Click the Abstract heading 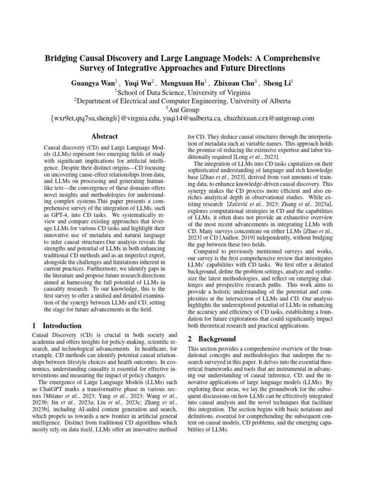tap(104, 136)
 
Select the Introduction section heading tap(62, 326)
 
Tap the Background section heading tap(217, 339)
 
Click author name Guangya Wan tap(92, 82)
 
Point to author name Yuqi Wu tap(141, 82)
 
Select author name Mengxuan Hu tap(186, 82)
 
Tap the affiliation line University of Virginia tap(182, 92)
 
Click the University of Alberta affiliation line tap(182, 101)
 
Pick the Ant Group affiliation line tap(182, 109)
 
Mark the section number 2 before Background tap(190, 339)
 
